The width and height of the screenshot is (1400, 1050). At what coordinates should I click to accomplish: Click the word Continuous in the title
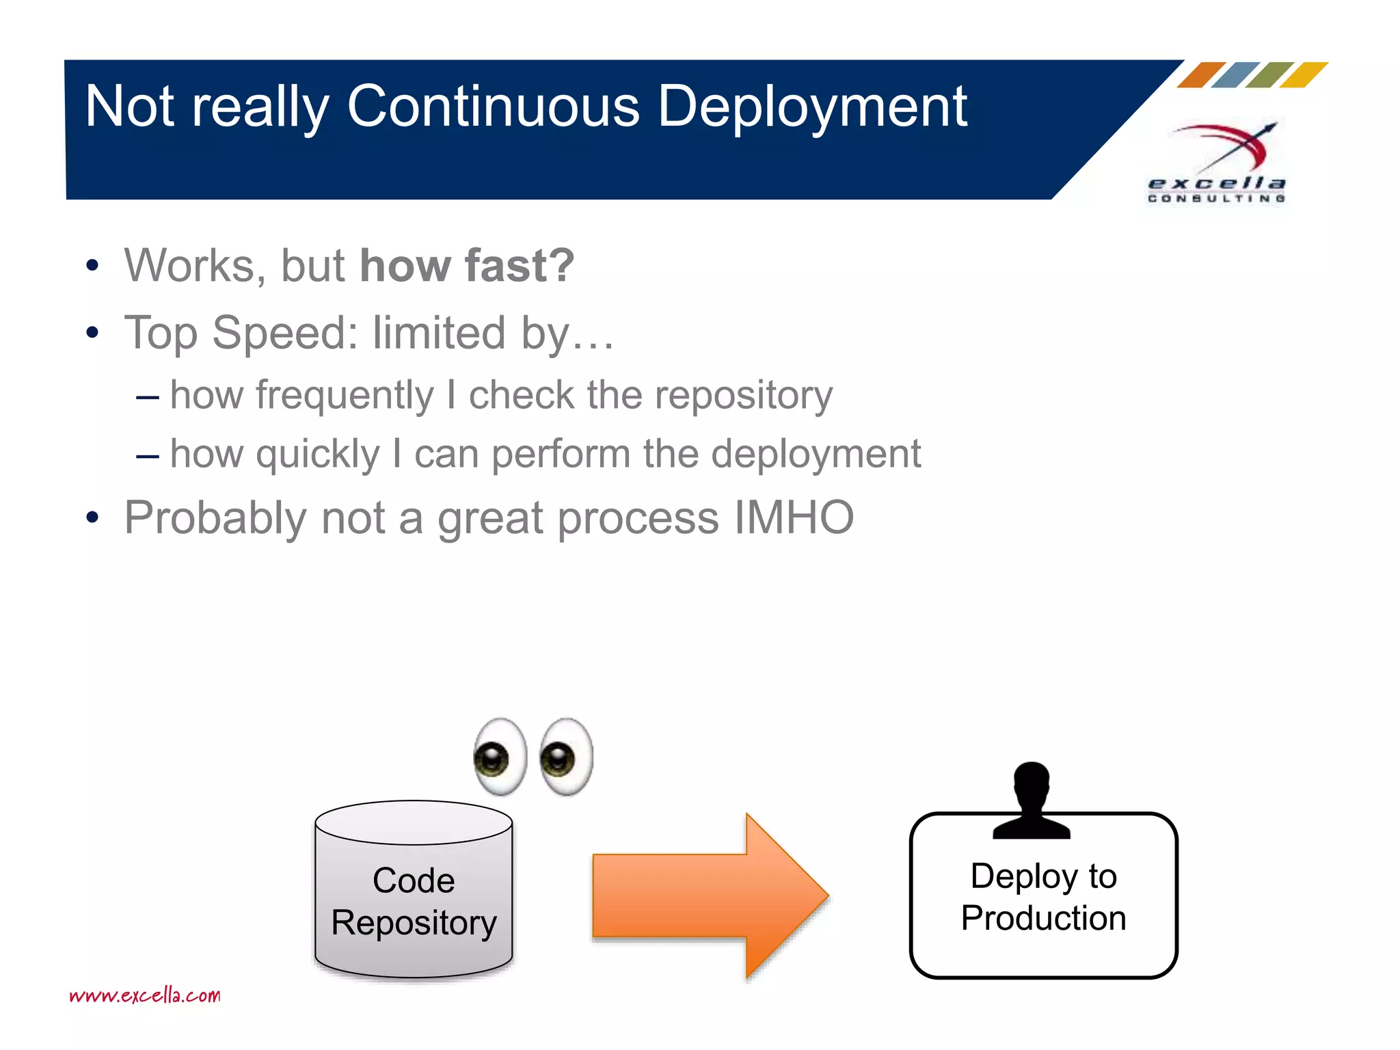(x=493, y=107)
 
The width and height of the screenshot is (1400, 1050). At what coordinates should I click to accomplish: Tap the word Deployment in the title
(x=812, y=108)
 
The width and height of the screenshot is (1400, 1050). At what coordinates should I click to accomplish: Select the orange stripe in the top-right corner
(x=1201, y=75)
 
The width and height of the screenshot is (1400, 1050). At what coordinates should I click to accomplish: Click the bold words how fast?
(x=467, y=265)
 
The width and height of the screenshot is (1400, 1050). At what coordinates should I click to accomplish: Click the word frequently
(x=345, y=395)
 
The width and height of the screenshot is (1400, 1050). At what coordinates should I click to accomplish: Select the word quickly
(x=317, y=454)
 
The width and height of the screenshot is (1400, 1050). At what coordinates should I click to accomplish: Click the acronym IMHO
(x=794, y=517)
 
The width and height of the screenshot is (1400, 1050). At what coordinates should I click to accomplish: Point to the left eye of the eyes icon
(x=500, y=757)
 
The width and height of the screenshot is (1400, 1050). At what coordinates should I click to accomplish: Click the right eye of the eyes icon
(x=566, y=757)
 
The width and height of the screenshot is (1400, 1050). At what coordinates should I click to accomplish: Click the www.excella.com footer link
(x=145, y=995)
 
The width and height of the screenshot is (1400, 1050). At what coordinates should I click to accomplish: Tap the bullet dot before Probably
(x=93, y=518)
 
